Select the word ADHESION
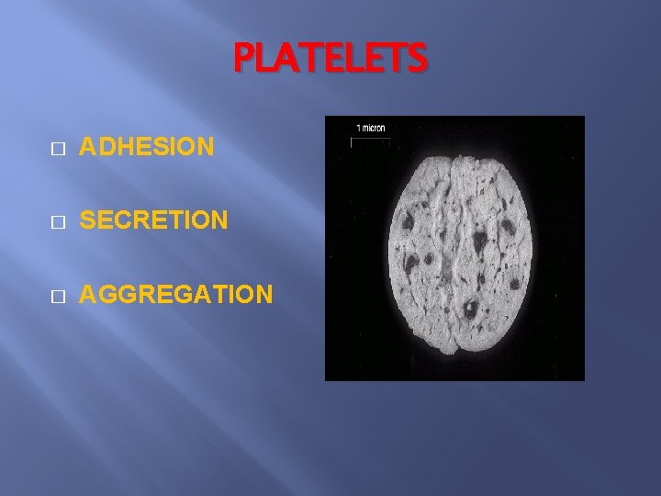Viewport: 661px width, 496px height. pos(147,146)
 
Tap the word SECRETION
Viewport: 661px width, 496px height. pos(153,220)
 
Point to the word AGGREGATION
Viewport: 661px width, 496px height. pos(175,294)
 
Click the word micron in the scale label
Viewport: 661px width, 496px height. pos(376,129)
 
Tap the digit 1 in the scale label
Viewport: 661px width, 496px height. pos(358,129)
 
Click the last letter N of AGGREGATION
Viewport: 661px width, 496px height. pos(263,294)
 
